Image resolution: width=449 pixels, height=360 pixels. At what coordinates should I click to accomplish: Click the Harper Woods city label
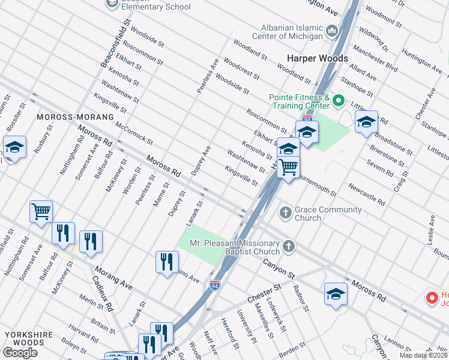(x=317, y=58)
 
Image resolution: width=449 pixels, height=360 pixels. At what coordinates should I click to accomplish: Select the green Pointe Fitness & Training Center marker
(x=338, y=100)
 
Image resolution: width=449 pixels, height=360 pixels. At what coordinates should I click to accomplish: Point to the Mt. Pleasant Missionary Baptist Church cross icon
(x=289, y=246)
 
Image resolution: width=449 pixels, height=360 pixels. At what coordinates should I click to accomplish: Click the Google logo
(x=20, y=353)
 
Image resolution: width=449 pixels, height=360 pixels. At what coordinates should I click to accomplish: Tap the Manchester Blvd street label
(x=375, y=58)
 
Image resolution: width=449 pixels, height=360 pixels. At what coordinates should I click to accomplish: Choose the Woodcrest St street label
(x=241, y=69)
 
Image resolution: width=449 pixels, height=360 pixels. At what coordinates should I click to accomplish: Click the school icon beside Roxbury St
(x=14, y=146)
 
